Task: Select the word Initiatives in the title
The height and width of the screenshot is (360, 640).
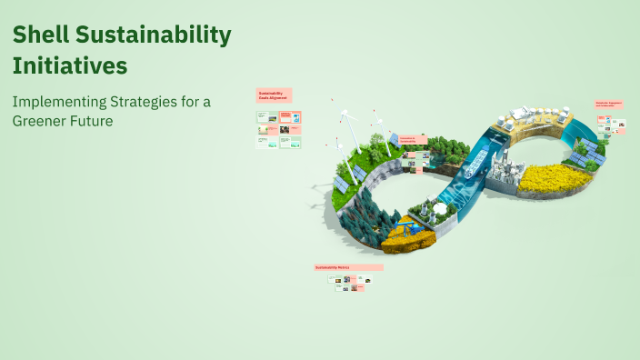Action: tap(70, 65)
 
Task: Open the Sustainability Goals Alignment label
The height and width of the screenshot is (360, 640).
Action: tap(274, 95)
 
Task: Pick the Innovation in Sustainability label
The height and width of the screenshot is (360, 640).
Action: tap(413, 140)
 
